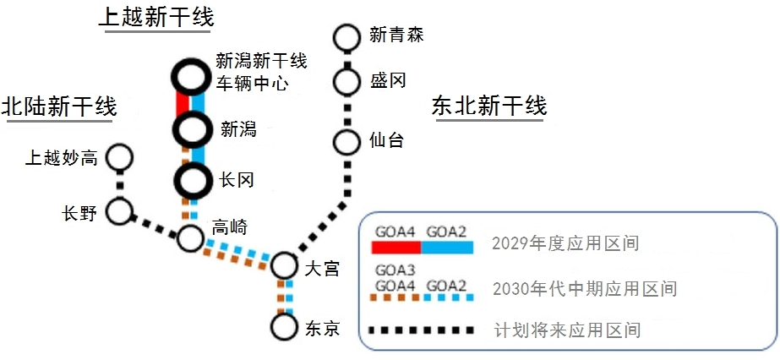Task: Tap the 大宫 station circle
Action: pos(284,266)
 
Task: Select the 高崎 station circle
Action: pos(191,238)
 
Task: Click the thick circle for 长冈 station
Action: pos(191,180)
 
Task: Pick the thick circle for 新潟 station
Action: pos(191,129)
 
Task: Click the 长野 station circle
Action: pos(120,211)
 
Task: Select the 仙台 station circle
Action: pos(346,141)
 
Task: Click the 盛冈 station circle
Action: pos(346,81)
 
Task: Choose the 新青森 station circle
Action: pos(346,36)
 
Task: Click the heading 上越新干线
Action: pos(156,18)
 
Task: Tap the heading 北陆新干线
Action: pos(59,106)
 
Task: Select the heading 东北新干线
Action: pos(489,106)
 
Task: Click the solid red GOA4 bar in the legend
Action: pos(396,246)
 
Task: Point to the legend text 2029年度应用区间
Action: pos(564,245)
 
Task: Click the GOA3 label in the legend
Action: pos(395,270)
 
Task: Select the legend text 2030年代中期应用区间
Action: pos(583,288)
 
